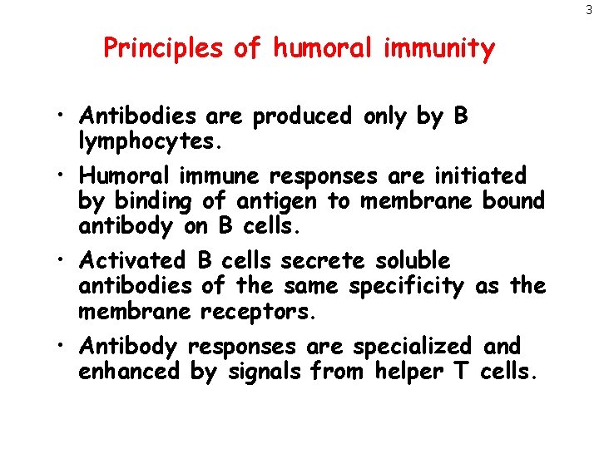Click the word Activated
133,261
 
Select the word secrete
323,261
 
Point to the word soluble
412,261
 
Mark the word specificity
407,287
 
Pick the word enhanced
129,371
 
